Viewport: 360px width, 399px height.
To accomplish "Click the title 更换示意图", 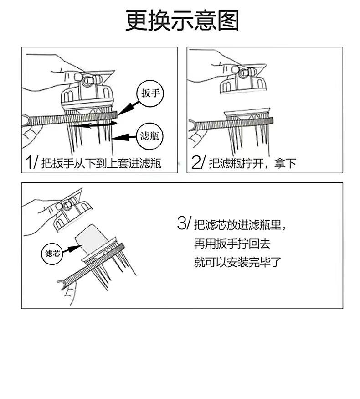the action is pos(182,21).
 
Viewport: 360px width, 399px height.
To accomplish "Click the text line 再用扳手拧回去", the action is pos(232,244).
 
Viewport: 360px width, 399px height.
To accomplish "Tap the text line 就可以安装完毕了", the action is pos(237,263).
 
